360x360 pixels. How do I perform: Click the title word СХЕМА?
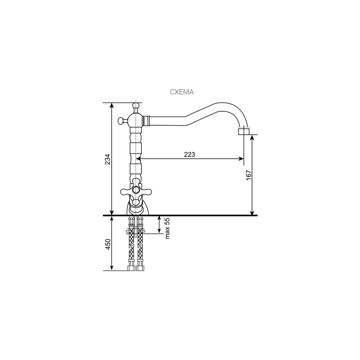(181, 92)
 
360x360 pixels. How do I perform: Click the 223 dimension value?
(189, 154)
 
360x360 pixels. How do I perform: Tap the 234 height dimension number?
(108, 159)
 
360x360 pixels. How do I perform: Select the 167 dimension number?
(249, 175)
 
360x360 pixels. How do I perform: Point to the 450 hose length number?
(108, 244)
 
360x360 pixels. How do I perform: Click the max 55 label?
(167, 228)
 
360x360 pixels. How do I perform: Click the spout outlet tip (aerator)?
(244, 131)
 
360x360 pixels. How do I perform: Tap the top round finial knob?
(136, 106)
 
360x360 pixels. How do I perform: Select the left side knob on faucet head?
(121, 120)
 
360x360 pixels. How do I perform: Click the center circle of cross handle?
(136, 190)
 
